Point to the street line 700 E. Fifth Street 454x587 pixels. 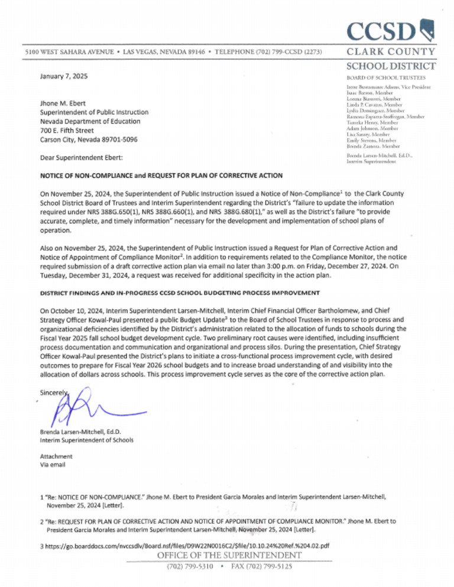67,130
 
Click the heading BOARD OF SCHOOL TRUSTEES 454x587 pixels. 381,77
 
